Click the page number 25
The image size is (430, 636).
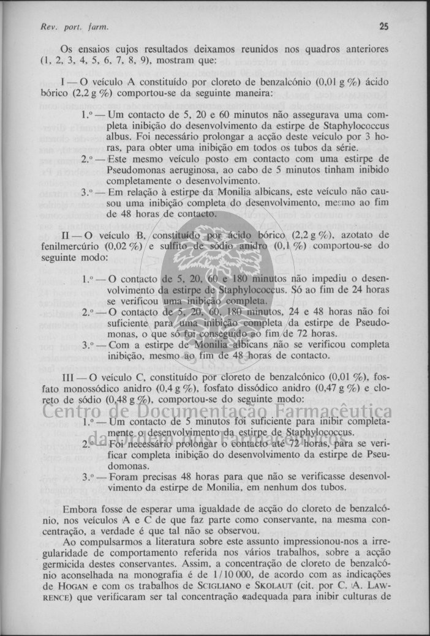point(383,26)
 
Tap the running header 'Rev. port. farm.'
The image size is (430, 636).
point(66,27)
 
